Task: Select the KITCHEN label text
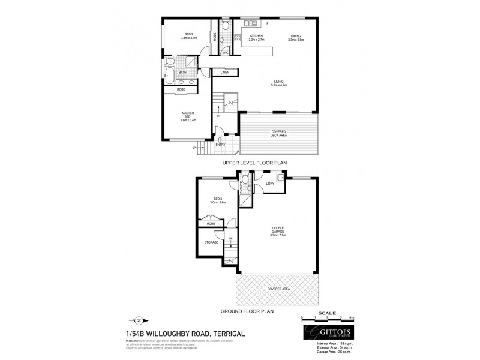[x=257, y=37]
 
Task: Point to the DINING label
[x=296, y=37]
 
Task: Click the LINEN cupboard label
[x=225, y=73]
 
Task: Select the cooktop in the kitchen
[x=237, y=37]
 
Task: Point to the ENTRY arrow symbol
[x=220, y=139]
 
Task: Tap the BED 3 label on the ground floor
[x=217, y=201]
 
